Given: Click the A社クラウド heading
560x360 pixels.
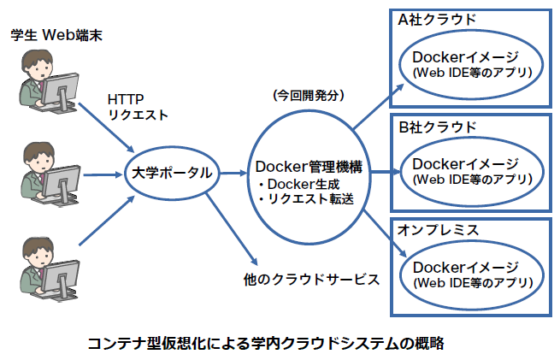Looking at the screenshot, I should pos(437,19).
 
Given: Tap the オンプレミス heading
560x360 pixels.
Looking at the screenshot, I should pos(437,231).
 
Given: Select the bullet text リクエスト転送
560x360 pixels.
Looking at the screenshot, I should pos(305,199).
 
